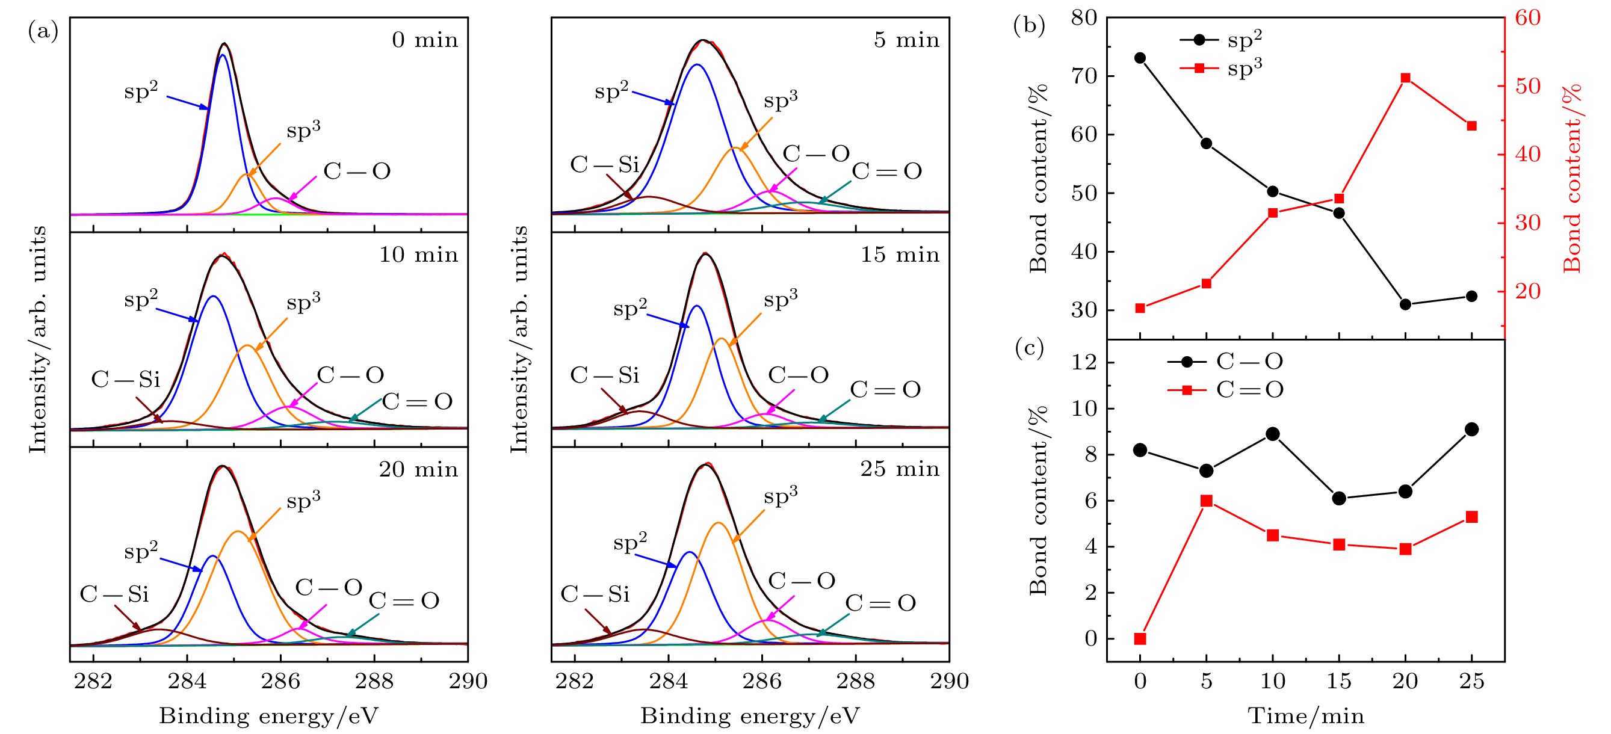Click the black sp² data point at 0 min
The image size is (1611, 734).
pyautogui.click(x=1140, y=58)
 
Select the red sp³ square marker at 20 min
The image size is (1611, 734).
pyautogui.click(x=1405, y=78)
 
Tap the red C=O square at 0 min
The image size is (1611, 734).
pyautogui.click(x=1140, y=638)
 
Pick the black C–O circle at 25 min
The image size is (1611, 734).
pyautogui.click(x=1471, y=430)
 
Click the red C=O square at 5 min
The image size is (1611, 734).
pyautogui.click(x=1207, y=501)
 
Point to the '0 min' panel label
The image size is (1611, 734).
pyautogui.click(x=425, y=40)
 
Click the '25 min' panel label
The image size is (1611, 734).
pyautogui.click(x=899, y=469)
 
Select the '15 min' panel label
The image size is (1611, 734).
pyautogui.click(x=899, y=254)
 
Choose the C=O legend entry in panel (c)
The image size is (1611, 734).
pyautogui.click(x=1226, y=390)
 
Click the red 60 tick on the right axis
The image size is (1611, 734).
pyautogui.click(x=1528, y=17)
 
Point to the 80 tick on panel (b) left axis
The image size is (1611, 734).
pyautogui.click(x=1084, y=17)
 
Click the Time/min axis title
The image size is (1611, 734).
pyautogui.click(x=1306, y=715)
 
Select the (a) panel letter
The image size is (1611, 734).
pyautogui.click(x=43, y=30)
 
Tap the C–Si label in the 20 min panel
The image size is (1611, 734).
pyautogui.click(x=114, y=594)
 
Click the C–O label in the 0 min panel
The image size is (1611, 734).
pyautogui.click(x=356, y=171)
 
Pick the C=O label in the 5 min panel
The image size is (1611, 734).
pyautogui.click(x=887, y=171)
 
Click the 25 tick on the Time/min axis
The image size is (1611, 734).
pyautogui.click(x=1471, y=681)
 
